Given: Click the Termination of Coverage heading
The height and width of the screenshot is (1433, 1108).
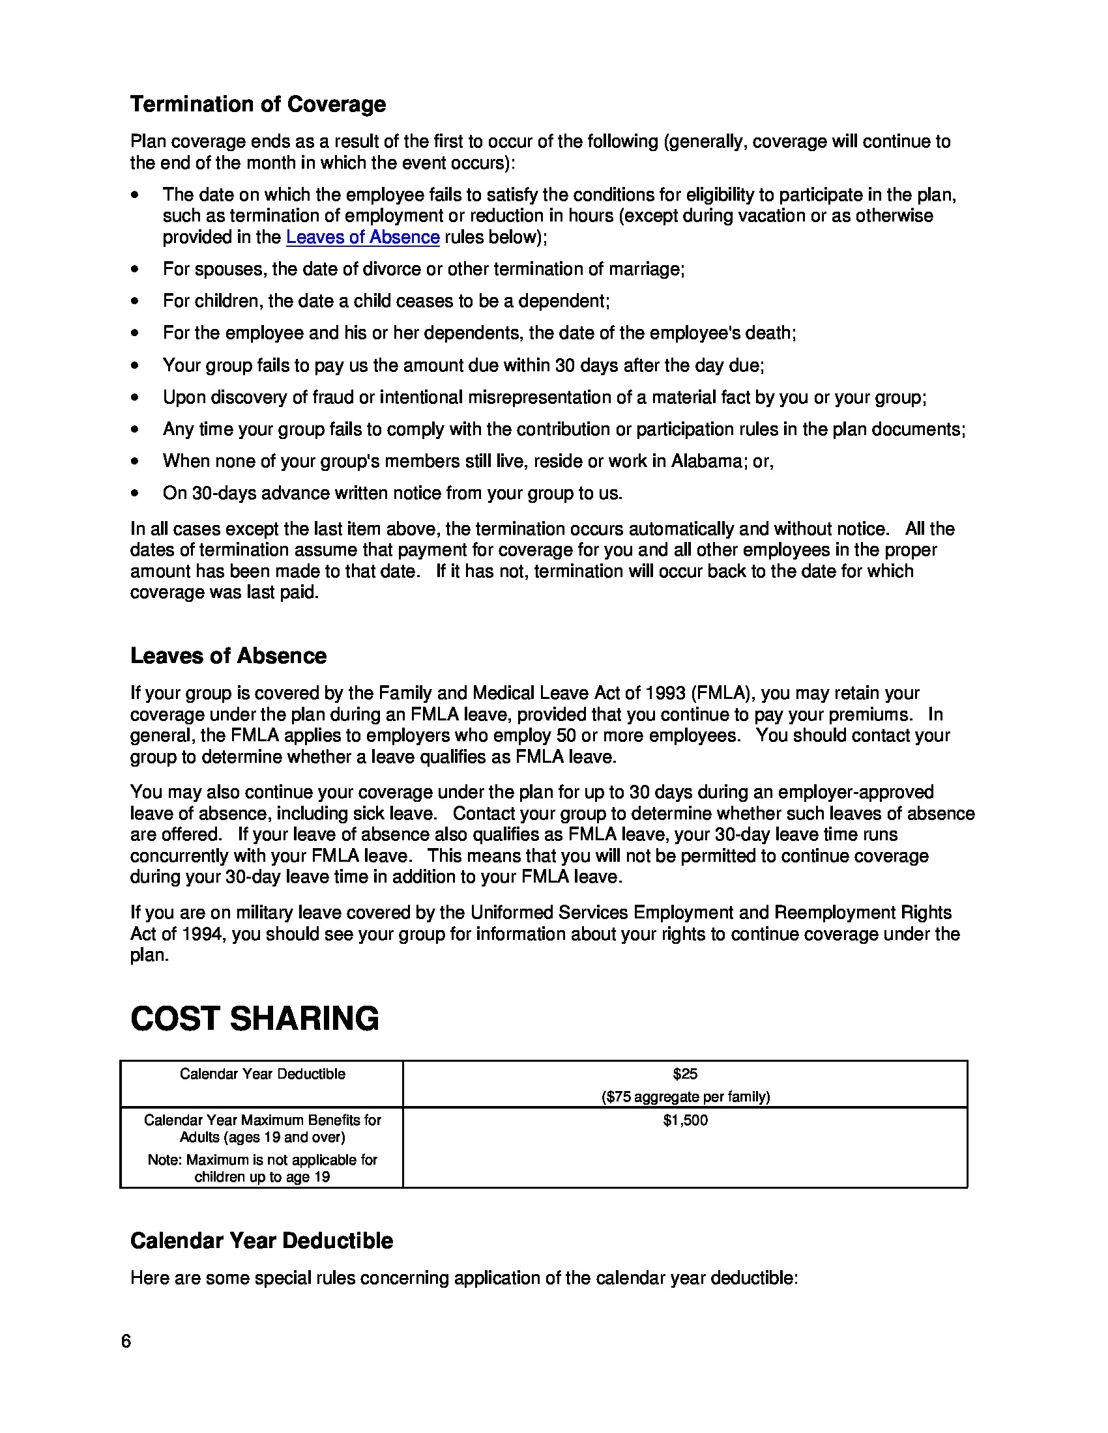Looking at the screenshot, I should click(x=258, y=104).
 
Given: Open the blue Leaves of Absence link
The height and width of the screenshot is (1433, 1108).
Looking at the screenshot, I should click(x=362, y=238).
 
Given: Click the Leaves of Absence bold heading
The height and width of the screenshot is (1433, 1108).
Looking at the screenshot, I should click(x=227, y=655).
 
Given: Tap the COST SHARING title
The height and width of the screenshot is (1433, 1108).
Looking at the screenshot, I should click(x=255, y=1019).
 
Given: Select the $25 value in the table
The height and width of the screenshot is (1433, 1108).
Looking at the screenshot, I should click(x=684, y=1074).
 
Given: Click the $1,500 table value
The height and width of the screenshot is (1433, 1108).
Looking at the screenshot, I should click(x=684, y=1120).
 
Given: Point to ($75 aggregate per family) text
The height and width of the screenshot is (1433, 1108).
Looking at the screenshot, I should click(x=685, y=1096).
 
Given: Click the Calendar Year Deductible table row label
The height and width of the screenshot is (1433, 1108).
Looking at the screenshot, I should click(x=262, y=1074).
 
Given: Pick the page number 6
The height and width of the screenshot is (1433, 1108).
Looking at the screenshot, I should click(x=126, y=1341).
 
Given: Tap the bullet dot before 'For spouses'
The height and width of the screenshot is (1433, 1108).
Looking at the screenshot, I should click(x=134, y=269).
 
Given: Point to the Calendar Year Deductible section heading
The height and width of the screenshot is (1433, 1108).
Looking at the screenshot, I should click(x=261, y=1241).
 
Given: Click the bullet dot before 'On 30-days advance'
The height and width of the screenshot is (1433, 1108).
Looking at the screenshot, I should click(x=134, y=494).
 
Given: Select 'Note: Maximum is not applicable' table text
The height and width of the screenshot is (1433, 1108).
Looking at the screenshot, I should click(x=262, y=1159).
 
